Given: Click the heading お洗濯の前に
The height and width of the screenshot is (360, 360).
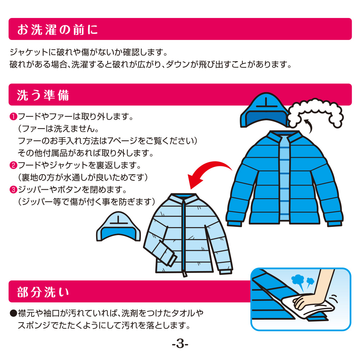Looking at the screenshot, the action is [x=58, y=30].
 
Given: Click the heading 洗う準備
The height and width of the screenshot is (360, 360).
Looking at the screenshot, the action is [x=43, y=95].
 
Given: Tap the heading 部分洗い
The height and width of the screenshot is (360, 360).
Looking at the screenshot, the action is [x=43, y=292].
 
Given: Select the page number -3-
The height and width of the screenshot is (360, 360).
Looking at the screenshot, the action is [x=180, y=344].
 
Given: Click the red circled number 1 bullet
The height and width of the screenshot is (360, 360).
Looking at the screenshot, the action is [x=13, y=117].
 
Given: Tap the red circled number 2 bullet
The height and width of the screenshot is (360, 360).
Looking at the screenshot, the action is [x=13, y=165].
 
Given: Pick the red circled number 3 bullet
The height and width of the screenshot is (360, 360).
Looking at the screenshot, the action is [x=13, y=190].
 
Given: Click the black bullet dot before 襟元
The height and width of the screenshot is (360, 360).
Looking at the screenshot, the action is [x=13, y=313].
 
